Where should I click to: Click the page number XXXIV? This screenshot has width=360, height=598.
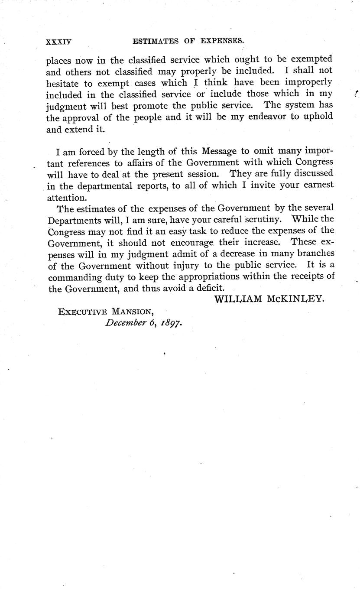[58, 42]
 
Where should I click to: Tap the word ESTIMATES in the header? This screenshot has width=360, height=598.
[154, 42]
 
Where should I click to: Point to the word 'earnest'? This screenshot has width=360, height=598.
[318, 185]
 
